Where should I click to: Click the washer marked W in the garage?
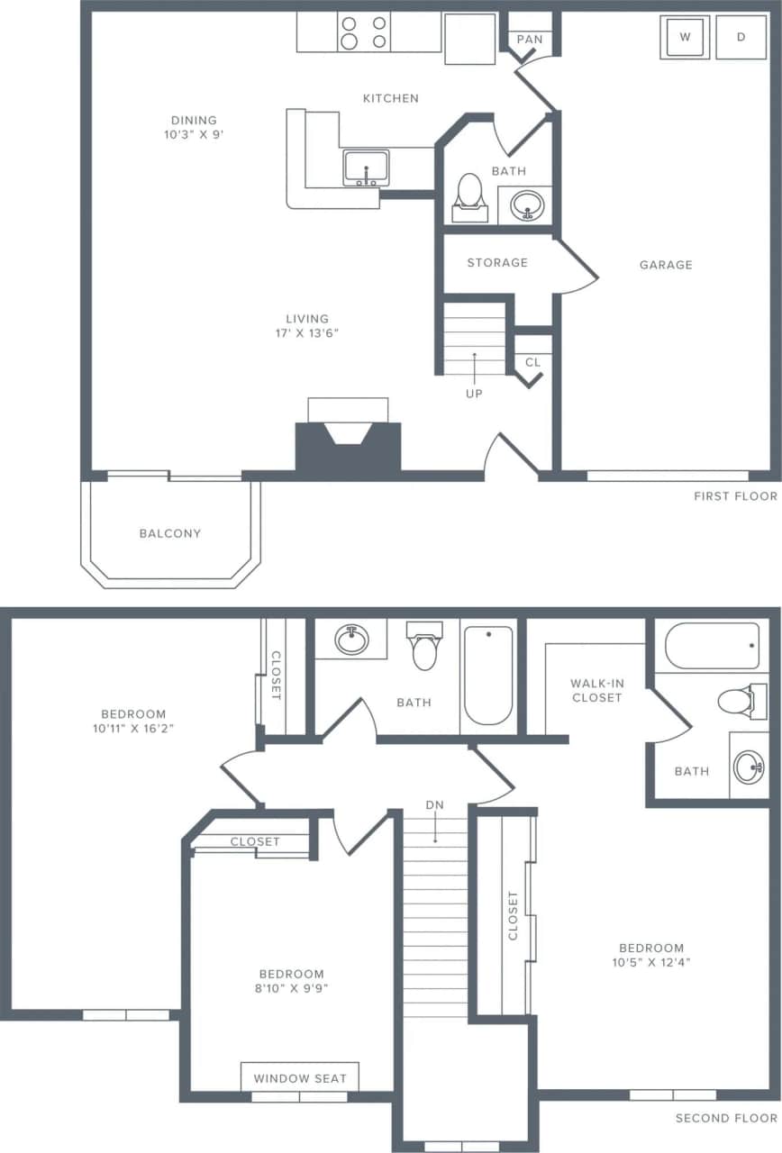click(x=685, y=37)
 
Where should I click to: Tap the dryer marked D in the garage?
click(x=741, y=37)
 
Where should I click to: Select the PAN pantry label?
click(x=530, y=40)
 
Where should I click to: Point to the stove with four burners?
click(x=364, y=32)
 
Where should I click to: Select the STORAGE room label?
click(x=497, y=262)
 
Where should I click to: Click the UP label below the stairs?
click(x=474, y=394)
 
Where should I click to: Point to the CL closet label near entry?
click(x=532, y=362)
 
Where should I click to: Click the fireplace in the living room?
click(x=348, y=440)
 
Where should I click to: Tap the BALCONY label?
click(x=170, y=533)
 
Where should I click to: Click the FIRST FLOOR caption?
click(x=735, y=496)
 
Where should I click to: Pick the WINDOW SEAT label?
click(x=300, y=1078)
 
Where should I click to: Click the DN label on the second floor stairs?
click(x=435, y=804)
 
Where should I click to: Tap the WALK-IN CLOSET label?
click(x=596, y=690)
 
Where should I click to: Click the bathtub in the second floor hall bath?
click(x=488, y=675)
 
